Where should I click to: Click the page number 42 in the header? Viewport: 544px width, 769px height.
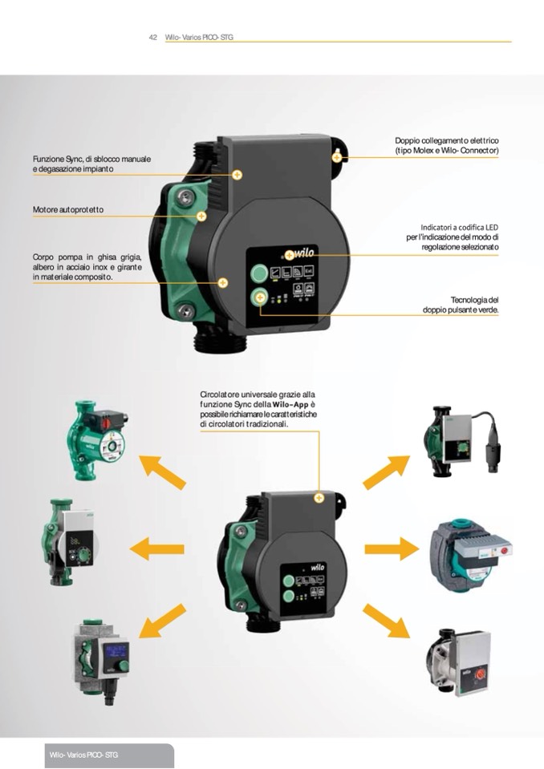tap(153, 37)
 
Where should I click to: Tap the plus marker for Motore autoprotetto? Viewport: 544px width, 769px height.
tap(201, 216)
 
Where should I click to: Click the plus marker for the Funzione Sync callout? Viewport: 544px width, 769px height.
tap(237, 175)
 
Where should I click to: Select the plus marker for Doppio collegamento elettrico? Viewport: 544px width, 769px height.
tap(336, 157)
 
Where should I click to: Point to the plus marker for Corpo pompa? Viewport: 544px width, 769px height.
tap(223, 282)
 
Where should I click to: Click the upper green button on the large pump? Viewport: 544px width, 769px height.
tap(259, 273)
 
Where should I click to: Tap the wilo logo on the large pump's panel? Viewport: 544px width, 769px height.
tap(303, 253)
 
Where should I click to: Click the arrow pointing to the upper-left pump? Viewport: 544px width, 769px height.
tap(162, 472)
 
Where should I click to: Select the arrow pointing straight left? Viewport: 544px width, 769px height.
tap(157, 548)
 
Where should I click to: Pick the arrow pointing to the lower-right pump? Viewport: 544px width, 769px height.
tap(387, 621)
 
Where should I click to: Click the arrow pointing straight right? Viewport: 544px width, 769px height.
tap(392, 548)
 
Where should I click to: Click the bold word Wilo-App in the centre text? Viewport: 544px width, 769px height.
tap(290, 405)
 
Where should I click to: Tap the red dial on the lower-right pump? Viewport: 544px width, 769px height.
tap(481, 675)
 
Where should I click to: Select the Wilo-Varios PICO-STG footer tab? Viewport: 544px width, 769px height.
tap(109, 755)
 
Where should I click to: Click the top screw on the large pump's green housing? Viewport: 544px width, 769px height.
tap(186, 197)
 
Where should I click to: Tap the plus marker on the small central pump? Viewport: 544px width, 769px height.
tap(319, 498)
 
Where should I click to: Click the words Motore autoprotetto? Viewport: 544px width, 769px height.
tap(68, 210)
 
